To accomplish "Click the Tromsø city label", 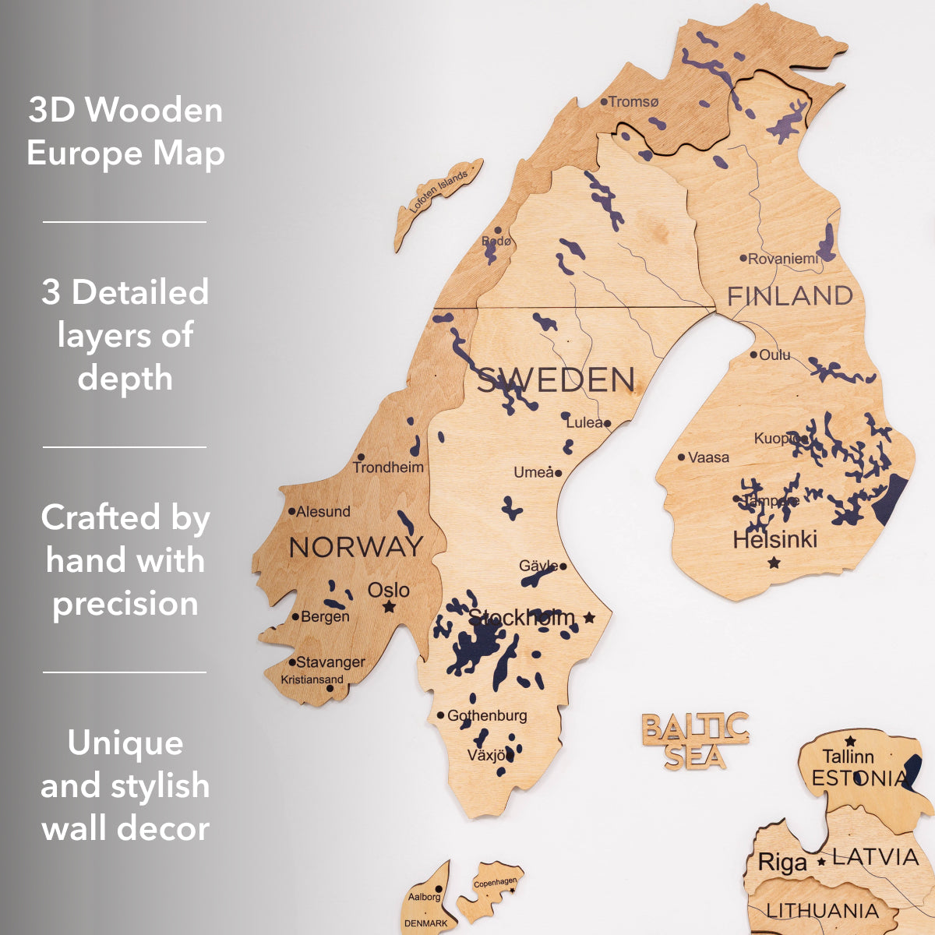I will coord(633,102).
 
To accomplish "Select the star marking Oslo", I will coord(389,606).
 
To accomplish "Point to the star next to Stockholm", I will coord(589,618).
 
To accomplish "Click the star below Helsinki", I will coord(774,562).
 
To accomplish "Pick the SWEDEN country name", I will coord(556,380).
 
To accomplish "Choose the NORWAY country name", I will coord(356,548).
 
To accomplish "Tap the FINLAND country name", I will coord(790,296).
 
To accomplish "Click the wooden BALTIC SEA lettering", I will coord(695,740).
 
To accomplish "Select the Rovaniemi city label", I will coord(783,259).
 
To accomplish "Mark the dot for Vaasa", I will coord(682,457).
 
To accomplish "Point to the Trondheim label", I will coord(388,467).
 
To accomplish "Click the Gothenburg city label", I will coord(487,715).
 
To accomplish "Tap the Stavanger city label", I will coord(330,662).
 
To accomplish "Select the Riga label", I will coord(782,863).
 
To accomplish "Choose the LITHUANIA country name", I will coord(822,910).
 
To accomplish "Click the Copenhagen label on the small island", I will coord(496,883).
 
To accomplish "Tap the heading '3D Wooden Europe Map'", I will coord(125,131).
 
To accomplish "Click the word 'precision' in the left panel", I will coord(125,604).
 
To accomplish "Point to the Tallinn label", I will coord(849,756).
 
